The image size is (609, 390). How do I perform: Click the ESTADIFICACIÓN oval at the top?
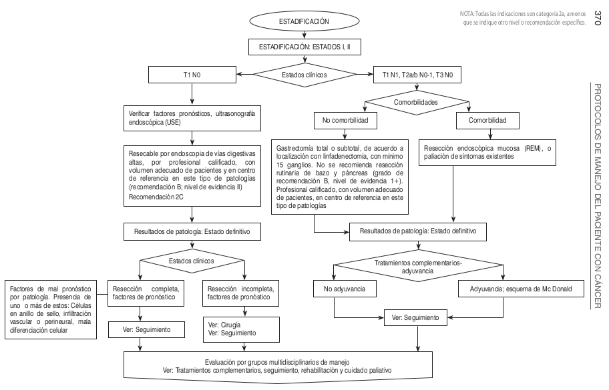click(304, 22)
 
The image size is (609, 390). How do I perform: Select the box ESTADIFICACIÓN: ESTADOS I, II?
click(304, 47)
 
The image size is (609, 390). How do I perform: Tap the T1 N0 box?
click(192, 75)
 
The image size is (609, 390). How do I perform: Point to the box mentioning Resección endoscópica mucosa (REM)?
click(489, 151)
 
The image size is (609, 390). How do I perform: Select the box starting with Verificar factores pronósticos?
click(192, 118)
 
